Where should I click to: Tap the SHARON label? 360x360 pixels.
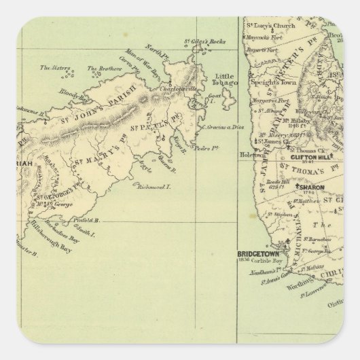(311, 187)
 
